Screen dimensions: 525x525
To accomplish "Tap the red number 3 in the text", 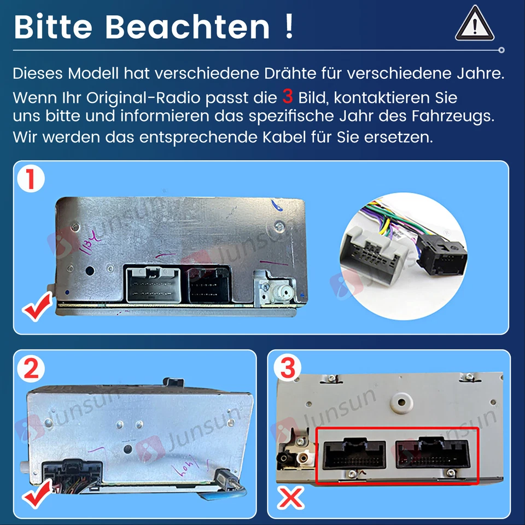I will (x=288, y=97).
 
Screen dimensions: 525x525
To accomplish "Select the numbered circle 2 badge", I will (x=31, y=370).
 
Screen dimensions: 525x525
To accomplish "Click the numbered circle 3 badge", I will (x=287, y=370).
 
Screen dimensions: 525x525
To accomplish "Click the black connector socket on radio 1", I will (x=211, y=284).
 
